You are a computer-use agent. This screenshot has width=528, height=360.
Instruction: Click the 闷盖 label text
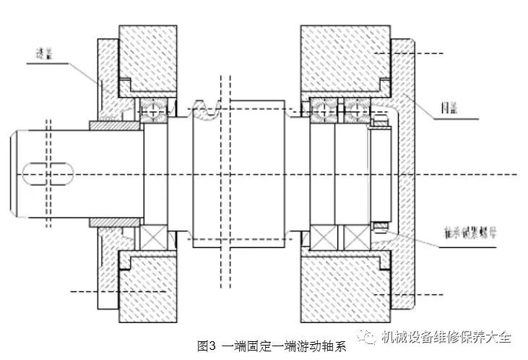[450, 109]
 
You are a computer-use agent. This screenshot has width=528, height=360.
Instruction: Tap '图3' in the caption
[208, 345]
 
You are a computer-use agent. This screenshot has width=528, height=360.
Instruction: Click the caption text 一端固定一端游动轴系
[284, 345]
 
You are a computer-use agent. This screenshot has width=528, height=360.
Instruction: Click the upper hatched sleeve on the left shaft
[113, 126]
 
